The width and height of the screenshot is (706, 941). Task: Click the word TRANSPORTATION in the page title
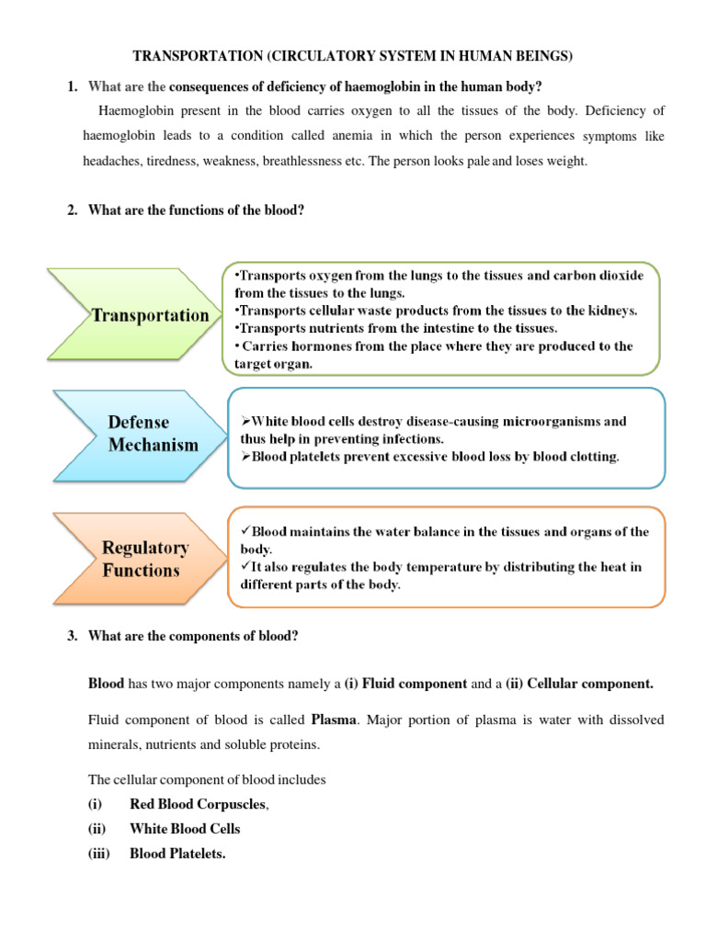pyautogui.click(x=198, y=57)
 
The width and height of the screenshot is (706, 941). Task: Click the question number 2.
pyautogui.click(x=72, y=210)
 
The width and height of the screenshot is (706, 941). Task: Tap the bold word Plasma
pyautogui.click(x=332, y=719)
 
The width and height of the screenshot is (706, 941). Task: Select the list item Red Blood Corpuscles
pyautogui.click(x=198, y=804)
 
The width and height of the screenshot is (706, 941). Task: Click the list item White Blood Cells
pyautogui.click(x=185, y=829)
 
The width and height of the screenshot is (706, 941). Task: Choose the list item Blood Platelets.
pyautogui.click(x=177, y=854)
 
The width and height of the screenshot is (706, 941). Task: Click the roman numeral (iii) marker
pyautogui.click(x=98, y=854)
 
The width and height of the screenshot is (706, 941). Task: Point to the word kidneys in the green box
pyautogui.click(x=609, y=311)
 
